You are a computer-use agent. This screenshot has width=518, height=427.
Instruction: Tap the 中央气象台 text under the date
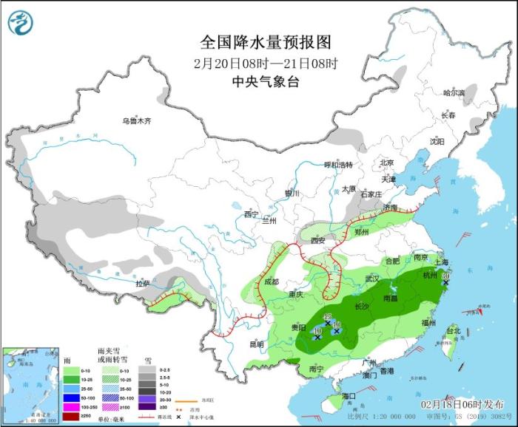click(254, 81)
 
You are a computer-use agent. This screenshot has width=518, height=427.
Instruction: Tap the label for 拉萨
click(143, 283)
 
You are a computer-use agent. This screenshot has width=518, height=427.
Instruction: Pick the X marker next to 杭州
click(445, 281)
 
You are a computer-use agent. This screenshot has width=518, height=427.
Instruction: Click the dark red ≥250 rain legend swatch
click(71, 416)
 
